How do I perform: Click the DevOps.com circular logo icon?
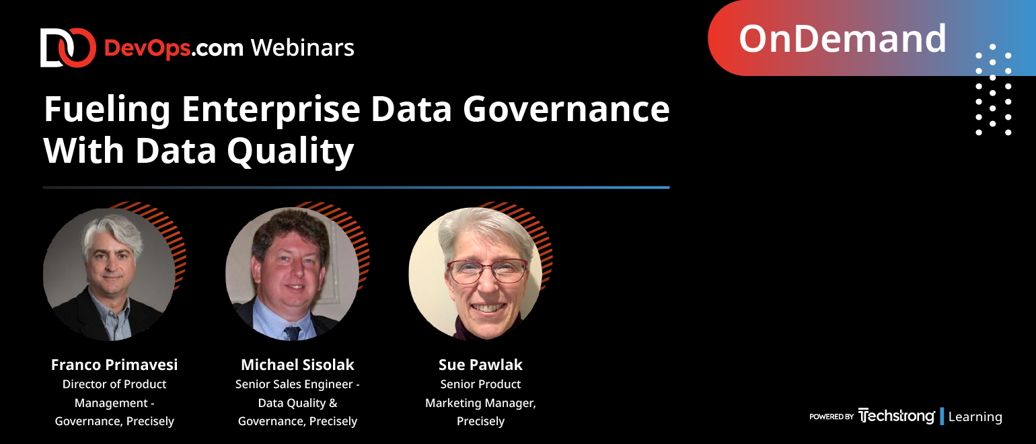pos(68,48)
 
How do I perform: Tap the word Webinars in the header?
pos(303,48)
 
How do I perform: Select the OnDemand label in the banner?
pos(842,38)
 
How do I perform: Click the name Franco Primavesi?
pos(114,365)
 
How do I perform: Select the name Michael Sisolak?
pos(297,365)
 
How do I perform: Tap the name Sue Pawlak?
pos(480,365)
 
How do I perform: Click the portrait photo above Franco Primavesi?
pos(109,274)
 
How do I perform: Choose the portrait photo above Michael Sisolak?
pos(292,274)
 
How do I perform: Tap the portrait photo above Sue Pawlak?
pos(476,274)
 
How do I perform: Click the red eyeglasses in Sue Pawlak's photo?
pos(487,271)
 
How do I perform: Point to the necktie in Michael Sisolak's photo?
pos(292,333)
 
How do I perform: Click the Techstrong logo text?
pos(896,416)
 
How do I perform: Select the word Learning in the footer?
pos(975,416)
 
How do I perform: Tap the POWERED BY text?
pos(831,416)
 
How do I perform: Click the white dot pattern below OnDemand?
pos(994,89)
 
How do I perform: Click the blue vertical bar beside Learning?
pos(942,416)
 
